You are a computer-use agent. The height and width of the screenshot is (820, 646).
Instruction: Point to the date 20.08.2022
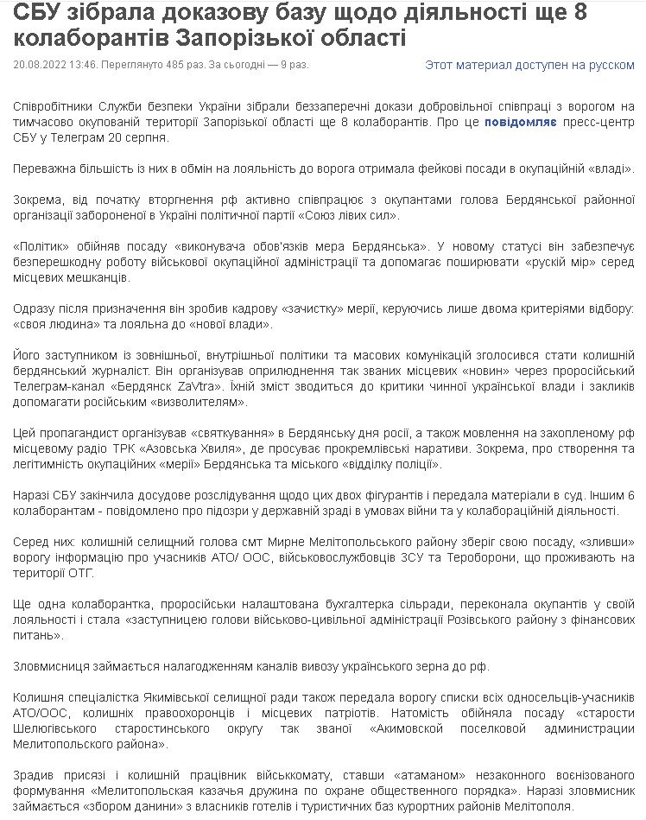pos(40,65)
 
